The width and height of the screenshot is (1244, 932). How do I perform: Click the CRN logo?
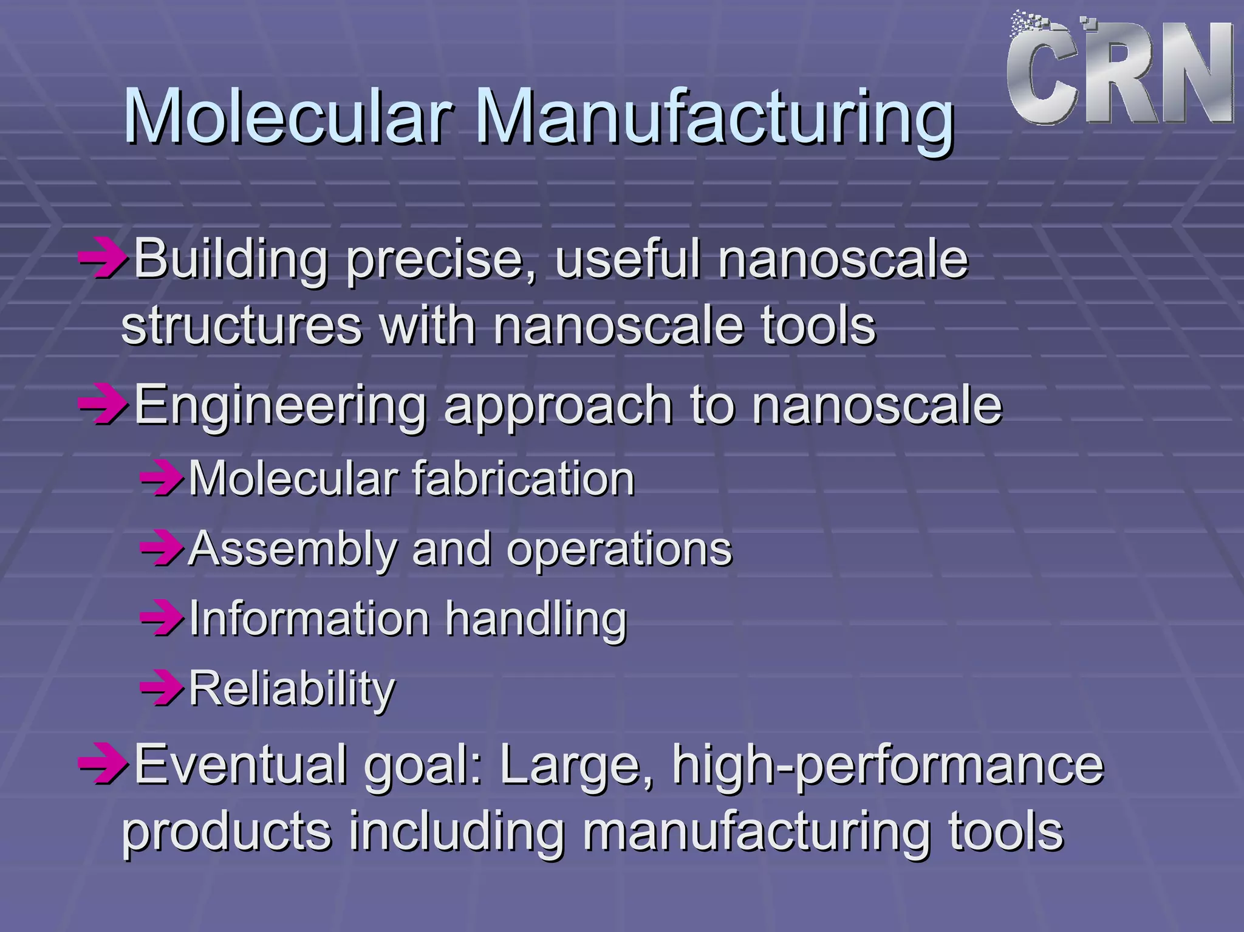pyautogui.click(x=1119, y=72)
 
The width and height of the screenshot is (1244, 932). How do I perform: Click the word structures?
pyautogui.click(x=242, y=326)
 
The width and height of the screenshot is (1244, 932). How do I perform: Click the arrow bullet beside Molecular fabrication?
pyautogui.click(x=162, y=479)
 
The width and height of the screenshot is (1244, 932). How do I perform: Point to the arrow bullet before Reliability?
pyautogui.click(x=162, y=688)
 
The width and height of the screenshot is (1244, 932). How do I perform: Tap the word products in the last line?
pyautogui.click(x=227, y=832)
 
